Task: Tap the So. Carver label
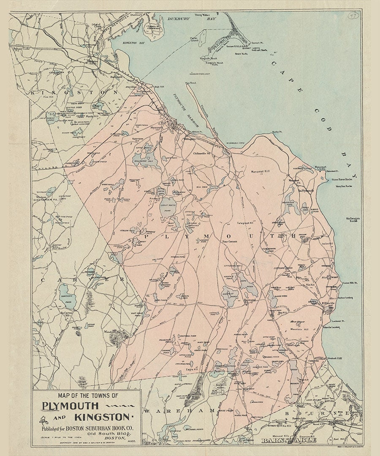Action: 67,313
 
